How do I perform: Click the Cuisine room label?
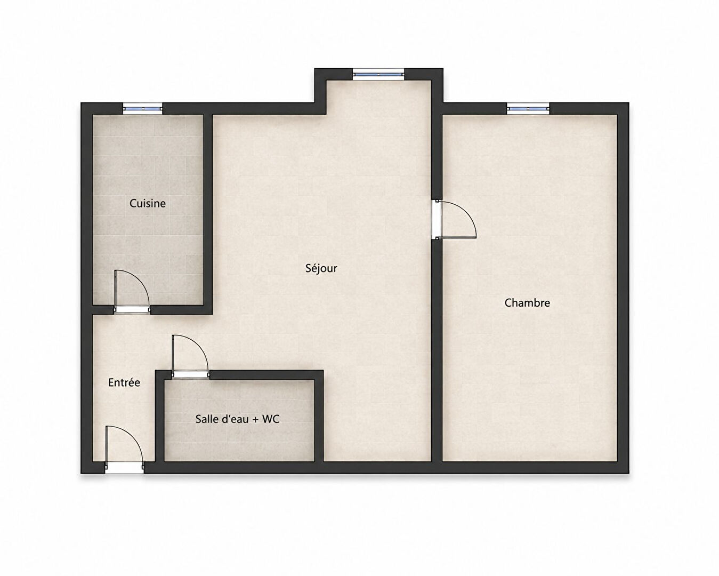(147, 203)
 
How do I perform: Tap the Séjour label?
(321, 268)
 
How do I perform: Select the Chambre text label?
(527, 303)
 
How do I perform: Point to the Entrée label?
(124, 382)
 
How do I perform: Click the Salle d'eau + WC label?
(237, 419)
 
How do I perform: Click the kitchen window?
(143, 108)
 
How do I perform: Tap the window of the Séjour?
(378, 74)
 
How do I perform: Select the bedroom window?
(528, 108)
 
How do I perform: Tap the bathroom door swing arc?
(197, 345)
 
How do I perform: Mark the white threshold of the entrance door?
(124, 468)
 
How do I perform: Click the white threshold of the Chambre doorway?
(437, 219)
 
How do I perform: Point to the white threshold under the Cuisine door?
(132, 310)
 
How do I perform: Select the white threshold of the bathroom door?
(191, 375)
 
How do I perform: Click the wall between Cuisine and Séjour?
(208, 214)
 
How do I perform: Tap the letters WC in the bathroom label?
(271, 419)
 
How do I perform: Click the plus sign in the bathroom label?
(255, 420)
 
